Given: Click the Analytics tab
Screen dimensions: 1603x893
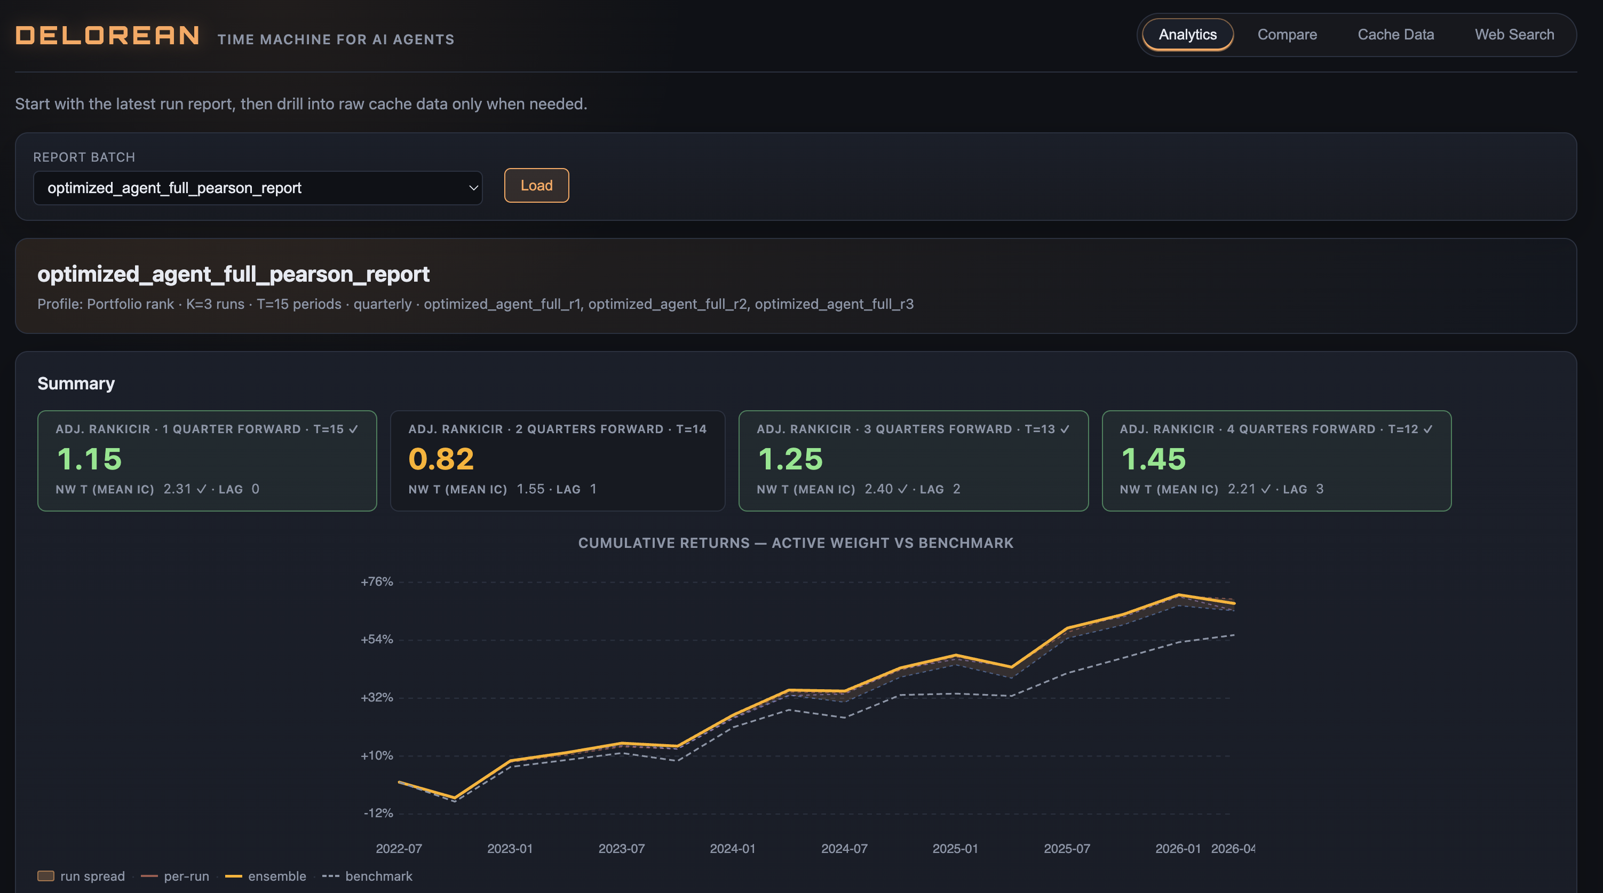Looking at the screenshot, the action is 1187,35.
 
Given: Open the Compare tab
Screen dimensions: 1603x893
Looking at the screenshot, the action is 1287,35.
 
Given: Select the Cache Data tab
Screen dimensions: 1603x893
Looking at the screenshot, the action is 1396,35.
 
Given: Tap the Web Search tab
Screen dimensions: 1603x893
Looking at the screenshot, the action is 1514,35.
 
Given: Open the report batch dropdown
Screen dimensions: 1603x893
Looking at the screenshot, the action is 258,188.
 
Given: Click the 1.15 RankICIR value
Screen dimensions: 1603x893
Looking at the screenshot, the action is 89,459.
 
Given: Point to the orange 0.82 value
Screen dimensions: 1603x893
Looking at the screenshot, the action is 441,459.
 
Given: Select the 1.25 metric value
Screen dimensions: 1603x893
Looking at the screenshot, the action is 790,459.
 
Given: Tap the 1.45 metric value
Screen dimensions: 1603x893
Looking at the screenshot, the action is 1153,459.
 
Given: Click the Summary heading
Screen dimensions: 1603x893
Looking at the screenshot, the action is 76,384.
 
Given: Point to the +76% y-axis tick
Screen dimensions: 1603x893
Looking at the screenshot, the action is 377,582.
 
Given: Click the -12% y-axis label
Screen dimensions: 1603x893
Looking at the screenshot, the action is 378,814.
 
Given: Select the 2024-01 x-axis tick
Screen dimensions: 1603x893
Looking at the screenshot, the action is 733,849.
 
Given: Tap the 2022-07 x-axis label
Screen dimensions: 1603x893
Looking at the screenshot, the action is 399,849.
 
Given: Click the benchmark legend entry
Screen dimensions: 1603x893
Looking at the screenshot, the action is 367,876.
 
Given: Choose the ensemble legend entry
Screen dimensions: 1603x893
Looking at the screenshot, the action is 266,876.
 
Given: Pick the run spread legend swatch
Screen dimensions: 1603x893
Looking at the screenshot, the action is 46,876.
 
